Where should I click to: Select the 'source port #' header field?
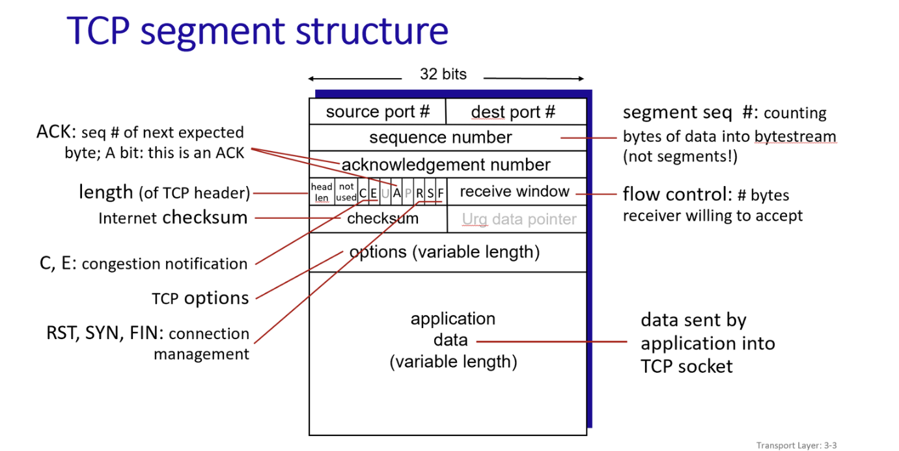pyautogui.click(x=378, y=112)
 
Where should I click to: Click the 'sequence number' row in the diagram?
pyautogui.click(x=441, y=137)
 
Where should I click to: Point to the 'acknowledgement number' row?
pyautogui.click(x=446, y=165)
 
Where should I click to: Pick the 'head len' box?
pyautogui.click(x=322, y=192)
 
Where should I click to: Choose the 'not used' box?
pyautogui.click(x=346, y=192)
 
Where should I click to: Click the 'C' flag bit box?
pyautogui.click(x=363, y=193)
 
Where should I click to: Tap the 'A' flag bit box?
pyautogui.click(x=396, y=193)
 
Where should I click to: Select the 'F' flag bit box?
pyautogui.click(x=441, y=193)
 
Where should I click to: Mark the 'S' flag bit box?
pyautogui.click(x=430, y=193)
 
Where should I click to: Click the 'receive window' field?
pyautogui.click(x=514, y=191)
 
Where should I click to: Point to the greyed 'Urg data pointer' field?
pyautogui.click(x=519, y=219)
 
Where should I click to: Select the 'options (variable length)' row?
pyautogui.click(x=445, y=252)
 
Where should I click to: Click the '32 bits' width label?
pyautogui.click(x=443, y=74)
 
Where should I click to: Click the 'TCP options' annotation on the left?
pyautogui.click(x=201, y=298)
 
